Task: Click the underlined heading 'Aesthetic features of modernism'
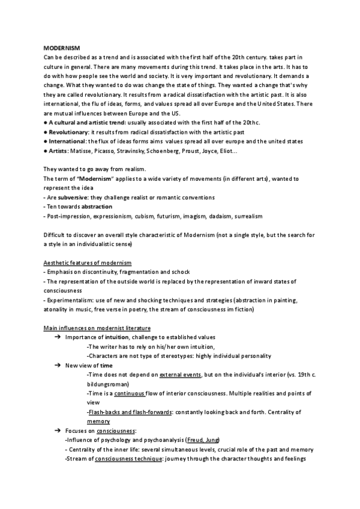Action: [88, 264]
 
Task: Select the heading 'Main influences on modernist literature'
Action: [97, 328]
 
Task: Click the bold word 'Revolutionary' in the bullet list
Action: [68, 131]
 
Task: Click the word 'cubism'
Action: [143, 216]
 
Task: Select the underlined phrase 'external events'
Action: [179, 375]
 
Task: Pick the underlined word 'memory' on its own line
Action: [98, 421]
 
